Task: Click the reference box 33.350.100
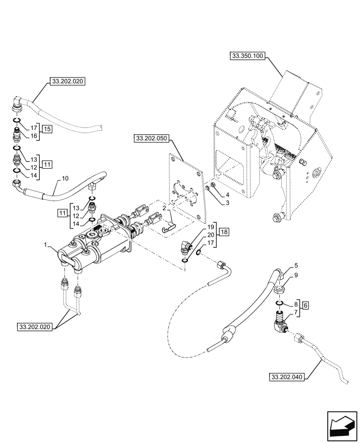[247, 56]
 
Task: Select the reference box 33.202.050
[150, 138]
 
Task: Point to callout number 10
[65, 179]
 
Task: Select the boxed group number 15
[47, 128]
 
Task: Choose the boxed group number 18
[224, 232]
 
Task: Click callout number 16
[33, 137]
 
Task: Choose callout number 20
[211, 234]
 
